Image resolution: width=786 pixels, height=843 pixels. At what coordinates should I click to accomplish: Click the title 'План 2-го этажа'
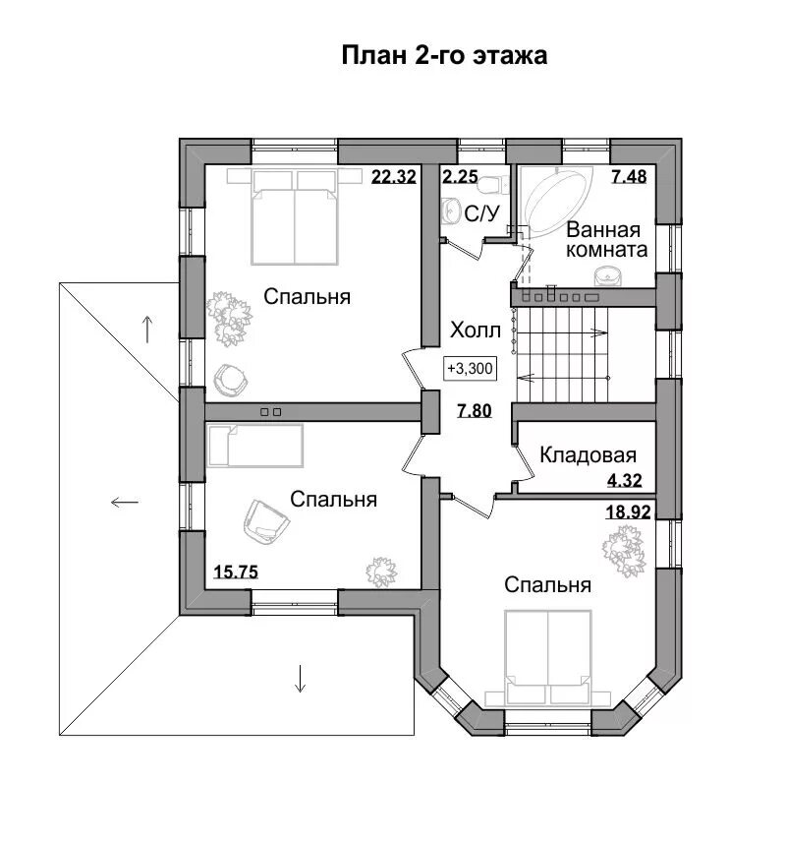tap(444, 55)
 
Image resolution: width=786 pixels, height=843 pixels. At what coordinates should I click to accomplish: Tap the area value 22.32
tap(394, 176)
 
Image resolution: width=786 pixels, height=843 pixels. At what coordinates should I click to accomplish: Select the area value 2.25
tap(460, 176)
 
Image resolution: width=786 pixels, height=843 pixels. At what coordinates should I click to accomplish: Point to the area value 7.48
tap(629, 176)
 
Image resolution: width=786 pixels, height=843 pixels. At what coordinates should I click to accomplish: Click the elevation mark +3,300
tap(470, 369)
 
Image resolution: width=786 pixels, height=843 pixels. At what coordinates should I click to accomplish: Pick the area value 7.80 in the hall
tap(475, 411)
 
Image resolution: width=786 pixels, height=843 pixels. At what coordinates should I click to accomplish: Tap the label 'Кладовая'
tap(588, 455)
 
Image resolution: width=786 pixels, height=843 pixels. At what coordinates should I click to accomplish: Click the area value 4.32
tap(625, 480)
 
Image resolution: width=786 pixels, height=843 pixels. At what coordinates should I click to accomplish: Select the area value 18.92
tap(628, 512)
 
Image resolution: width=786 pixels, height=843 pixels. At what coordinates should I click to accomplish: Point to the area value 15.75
tap(236, 572)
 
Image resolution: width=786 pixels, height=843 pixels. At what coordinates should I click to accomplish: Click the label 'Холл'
tap(476, 331)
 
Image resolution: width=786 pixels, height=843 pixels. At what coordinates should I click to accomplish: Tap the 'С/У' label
tap(481, 214)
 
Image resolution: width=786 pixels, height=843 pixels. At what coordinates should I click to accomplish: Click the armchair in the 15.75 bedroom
tap(265, 521)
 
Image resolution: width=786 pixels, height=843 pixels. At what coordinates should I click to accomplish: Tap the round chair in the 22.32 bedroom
tap(231, 381)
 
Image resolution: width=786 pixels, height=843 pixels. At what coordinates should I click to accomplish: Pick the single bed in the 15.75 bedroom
tap(255, 446)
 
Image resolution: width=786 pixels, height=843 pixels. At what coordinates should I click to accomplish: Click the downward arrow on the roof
tap(300, 679)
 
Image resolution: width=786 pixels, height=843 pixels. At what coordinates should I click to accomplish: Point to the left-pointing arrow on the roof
tap(125, 502)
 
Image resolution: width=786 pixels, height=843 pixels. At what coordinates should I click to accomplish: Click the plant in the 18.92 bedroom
tap(624, 551)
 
